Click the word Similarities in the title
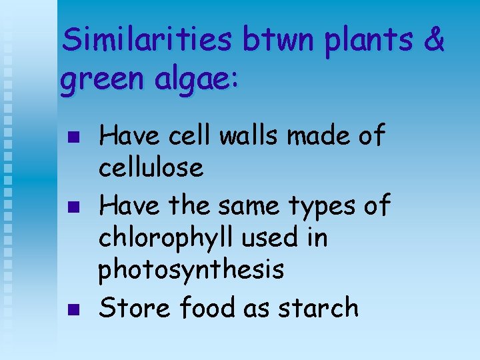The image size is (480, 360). tap(147, 41)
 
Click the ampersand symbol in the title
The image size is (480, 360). tap(433, 41)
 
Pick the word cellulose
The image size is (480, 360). tap(151, 168)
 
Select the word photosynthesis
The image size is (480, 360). tap(191, 271)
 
